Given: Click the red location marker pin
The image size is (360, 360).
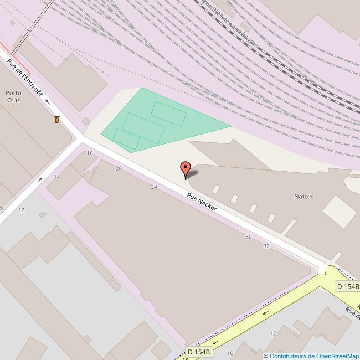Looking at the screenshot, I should [x=186, y=169].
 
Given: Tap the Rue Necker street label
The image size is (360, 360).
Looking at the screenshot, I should [x=202, y=203].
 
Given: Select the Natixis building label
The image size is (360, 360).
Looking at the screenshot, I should [x=305, y=196].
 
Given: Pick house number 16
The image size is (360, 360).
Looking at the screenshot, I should [x=90, y=153].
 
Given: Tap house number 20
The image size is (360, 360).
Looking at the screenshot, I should [x=119, y=168].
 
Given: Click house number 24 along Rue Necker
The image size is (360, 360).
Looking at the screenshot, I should [x=154, y=187].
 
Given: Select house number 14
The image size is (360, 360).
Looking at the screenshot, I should [x=56, y=177].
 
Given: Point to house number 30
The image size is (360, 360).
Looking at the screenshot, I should [x=249, y=236].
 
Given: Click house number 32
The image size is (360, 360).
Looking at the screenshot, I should [x=266, y=245].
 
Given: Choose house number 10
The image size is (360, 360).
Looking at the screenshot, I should [x=230, y=353].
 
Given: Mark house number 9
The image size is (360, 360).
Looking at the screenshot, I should [x=1, y=208].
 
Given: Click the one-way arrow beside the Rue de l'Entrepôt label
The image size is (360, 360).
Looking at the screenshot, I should [x=48, y=101].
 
